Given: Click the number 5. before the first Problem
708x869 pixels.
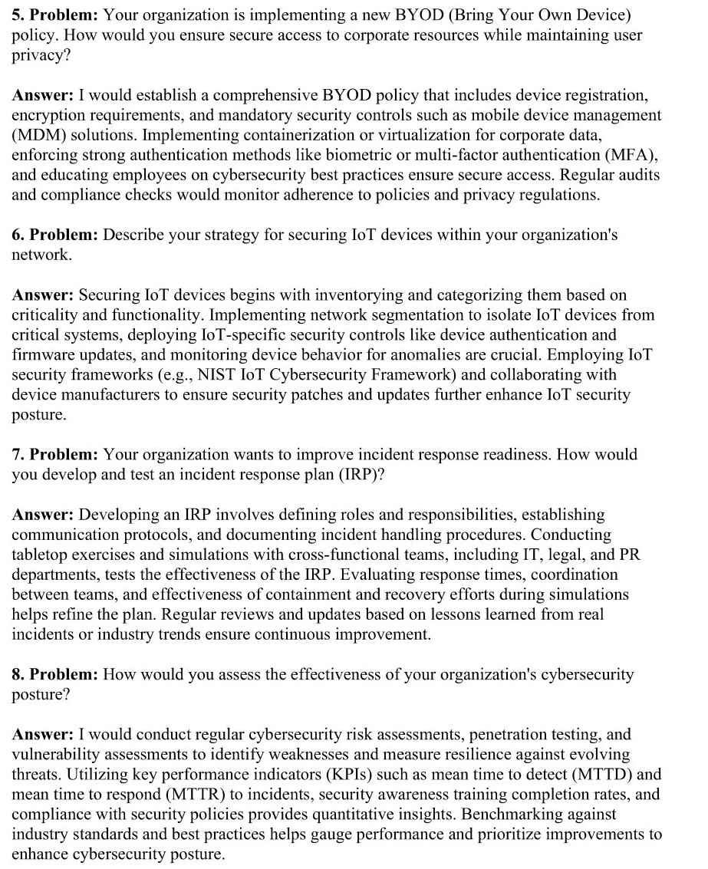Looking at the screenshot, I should click(18, 15).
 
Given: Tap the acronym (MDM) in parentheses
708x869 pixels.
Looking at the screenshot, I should click(36, 136).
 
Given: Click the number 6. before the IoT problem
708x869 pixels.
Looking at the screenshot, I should click(18, 235).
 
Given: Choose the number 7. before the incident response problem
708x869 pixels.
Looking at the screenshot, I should click(18, 454).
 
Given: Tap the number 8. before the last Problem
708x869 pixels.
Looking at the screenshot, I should click(18, 674).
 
